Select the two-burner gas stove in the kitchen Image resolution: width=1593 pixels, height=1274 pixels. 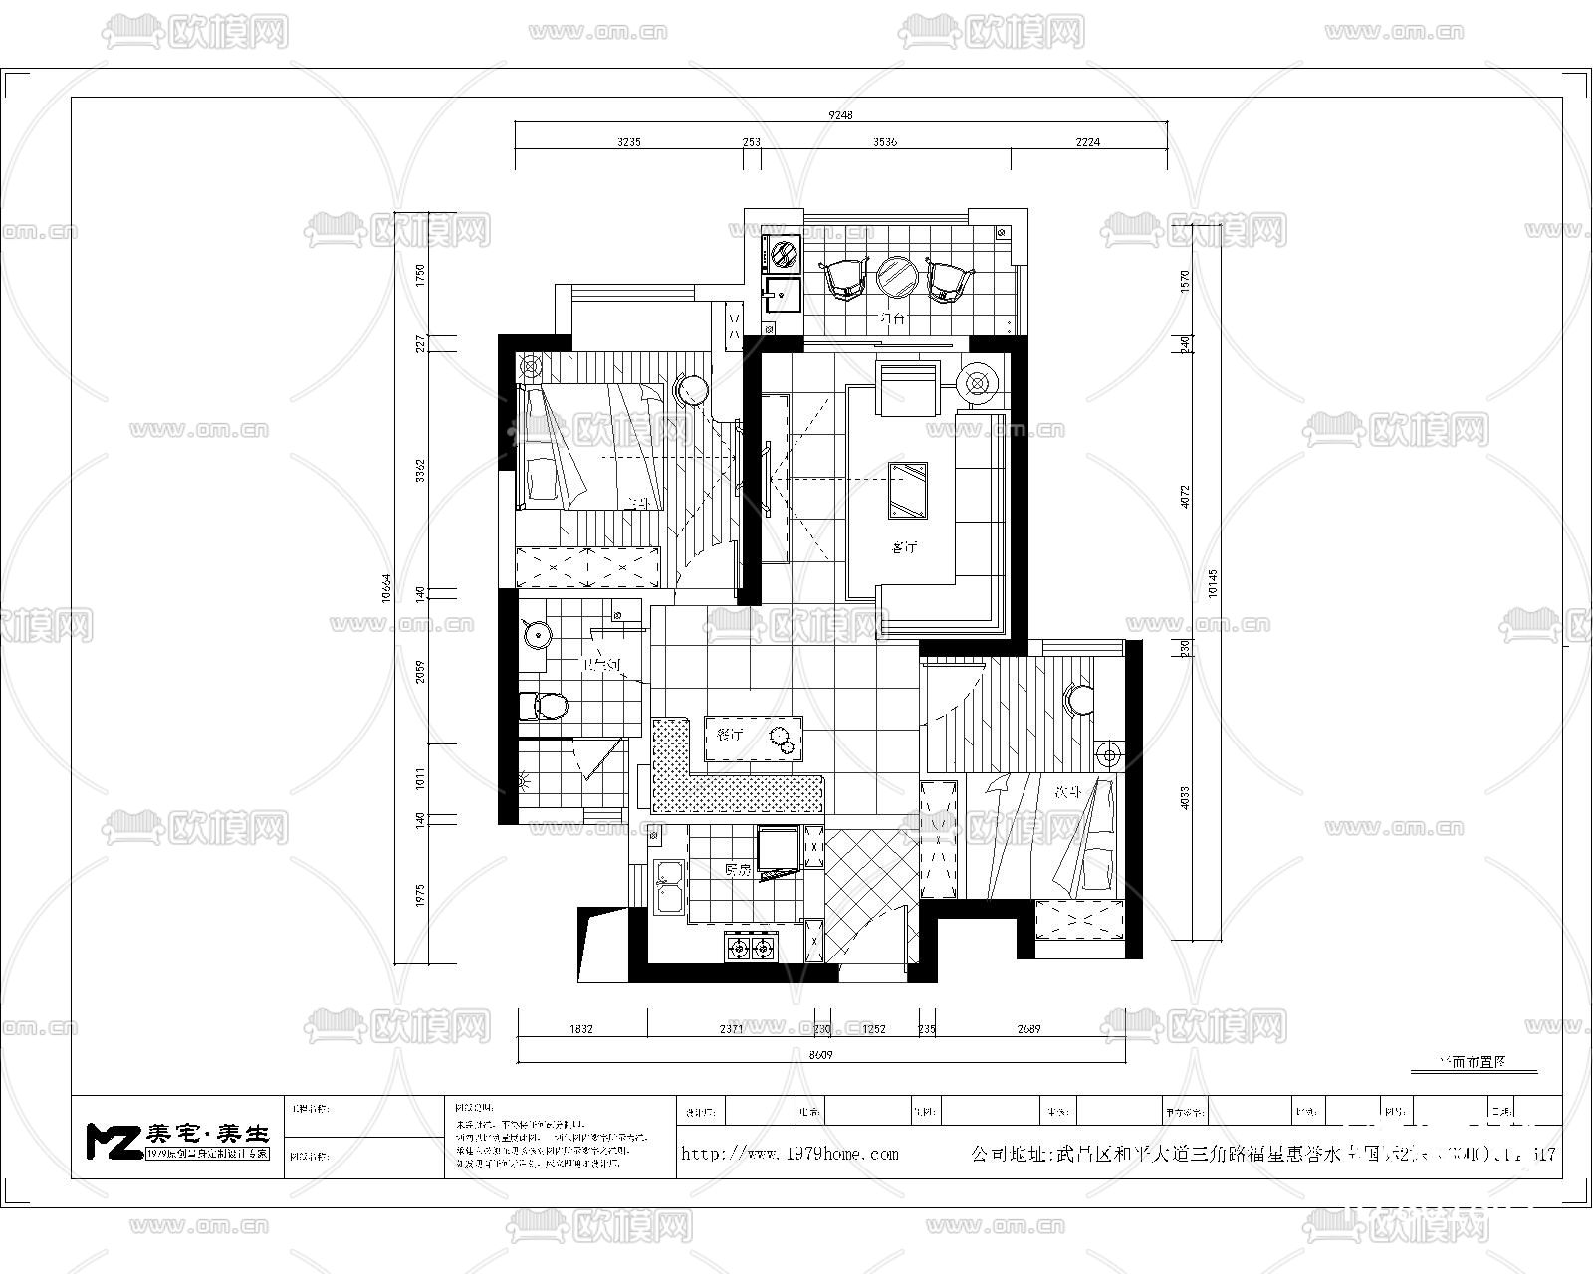coord(750,948)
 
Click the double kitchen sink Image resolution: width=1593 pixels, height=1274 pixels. coord(667,887)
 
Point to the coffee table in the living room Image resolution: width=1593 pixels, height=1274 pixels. coord(908,490)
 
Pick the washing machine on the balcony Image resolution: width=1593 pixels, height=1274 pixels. coord(783,253)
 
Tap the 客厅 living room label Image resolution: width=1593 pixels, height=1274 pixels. coord(903,547)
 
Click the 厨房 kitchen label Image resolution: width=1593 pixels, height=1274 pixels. coord(737,870)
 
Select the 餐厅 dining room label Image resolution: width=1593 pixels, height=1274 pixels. coord(730,736)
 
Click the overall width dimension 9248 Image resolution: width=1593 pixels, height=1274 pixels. coord(841,115)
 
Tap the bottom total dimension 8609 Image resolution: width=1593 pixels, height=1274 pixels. coord(820,1054)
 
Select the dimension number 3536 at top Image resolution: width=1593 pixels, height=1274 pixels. coord(885,142)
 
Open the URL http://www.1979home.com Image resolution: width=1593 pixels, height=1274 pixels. coord(790,1154)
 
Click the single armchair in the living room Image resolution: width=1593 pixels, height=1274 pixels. coord(906,388)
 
